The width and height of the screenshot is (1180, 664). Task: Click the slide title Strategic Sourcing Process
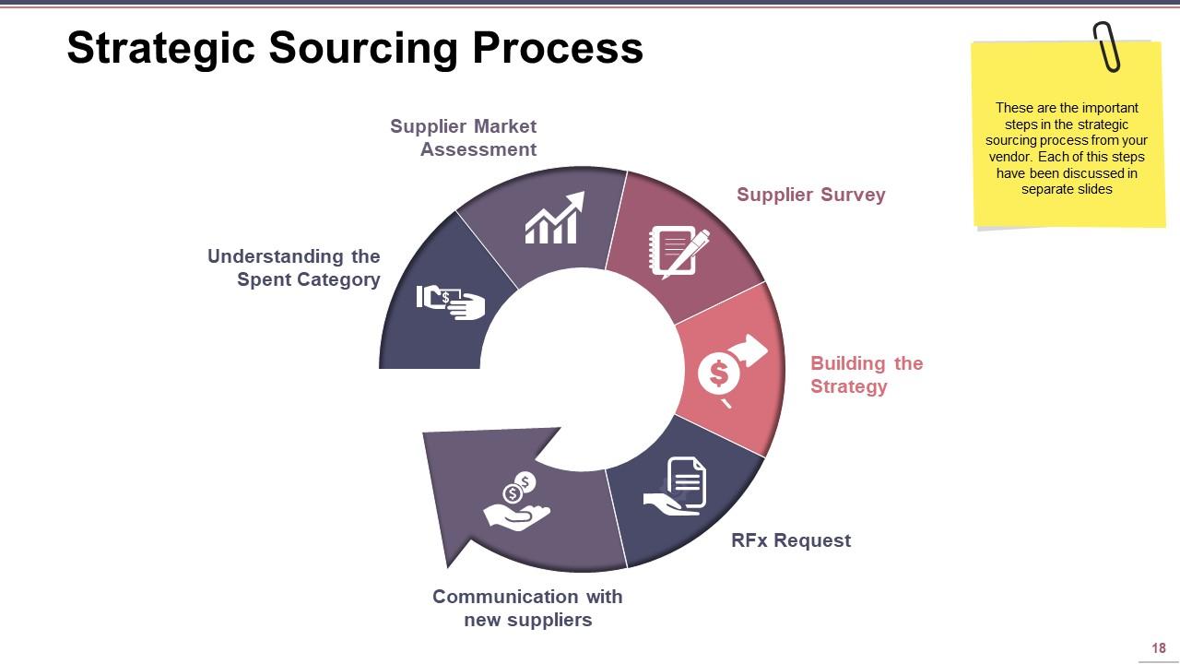[355, 48]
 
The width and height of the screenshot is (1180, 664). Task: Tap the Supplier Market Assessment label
[464, 137]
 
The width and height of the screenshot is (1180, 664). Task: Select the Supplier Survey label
[810, 195]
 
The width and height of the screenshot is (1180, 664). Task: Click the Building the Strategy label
[866, 374]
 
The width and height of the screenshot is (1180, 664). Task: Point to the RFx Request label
[790, 540]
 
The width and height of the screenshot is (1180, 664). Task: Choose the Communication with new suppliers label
[527, 608]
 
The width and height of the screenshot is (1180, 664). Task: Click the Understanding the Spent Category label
[294, 268]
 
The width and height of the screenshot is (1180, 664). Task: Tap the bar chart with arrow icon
[554, 219]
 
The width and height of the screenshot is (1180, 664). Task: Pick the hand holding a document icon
[677, 486]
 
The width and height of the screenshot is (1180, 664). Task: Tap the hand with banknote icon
[451, 301]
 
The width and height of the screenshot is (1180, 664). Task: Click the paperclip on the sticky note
[1106, 46]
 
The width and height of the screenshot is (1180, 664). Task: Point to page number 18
[1159, 648]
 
